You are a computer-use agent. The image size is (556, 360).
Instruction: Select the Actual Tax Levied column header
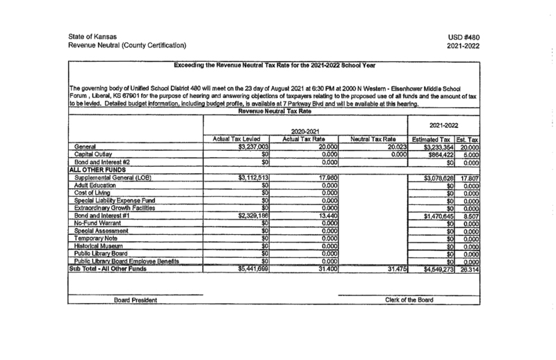(240, 140)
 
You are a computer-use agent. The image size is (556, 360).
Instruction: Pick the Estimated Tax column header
(433, 140)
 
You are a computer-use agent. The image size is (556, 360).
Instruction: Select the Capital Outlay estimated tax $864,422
(436, 155)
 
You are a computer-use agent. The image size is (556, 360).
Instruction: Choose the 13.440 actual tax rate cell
(326, 217)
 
